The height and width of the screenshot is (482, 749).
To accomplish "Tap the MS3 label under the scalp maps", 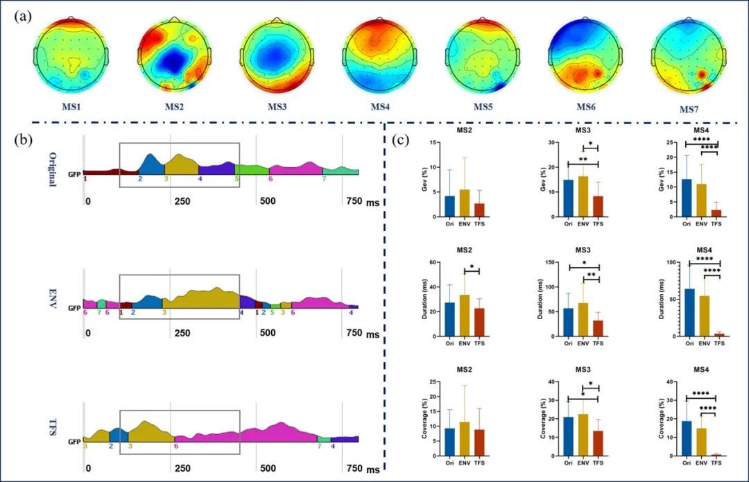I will pyautogui.click(x=277, y=107).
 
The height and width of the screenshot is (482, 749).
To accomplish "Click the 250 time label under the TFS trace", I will pyautogui.click(x=182, y=469).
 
